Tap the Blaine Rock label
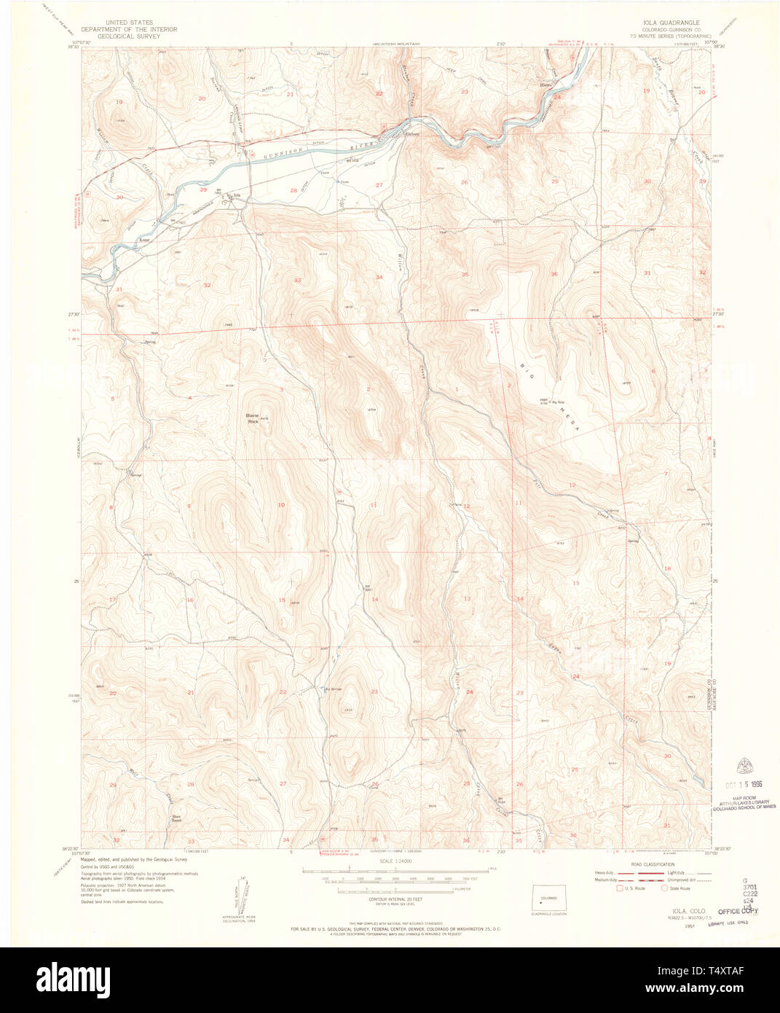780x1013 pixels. (253, 418)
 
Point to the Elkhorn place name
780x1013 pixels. (413, 133)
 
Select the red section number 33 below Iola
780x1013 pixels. (297, 281)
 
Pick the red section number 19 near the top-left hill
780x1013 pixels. (119, 102)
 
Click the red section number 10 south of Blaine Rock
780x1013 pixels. (281, 505)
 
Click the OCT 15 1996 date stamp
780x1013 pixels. (741, 784)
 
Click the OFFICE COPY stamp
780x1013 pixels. (738, 911)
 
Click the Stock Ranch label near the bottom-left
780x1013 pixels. (176, 818)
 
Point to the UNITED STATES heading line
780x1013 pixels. (129, 23)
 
